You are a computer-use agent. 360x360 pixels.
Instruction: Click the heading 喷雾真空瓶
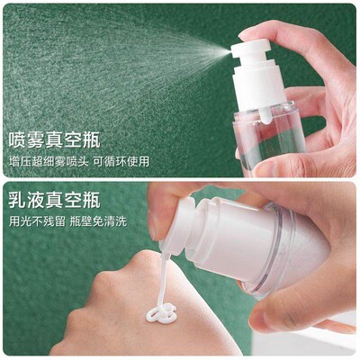click(x=53, y=139)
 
